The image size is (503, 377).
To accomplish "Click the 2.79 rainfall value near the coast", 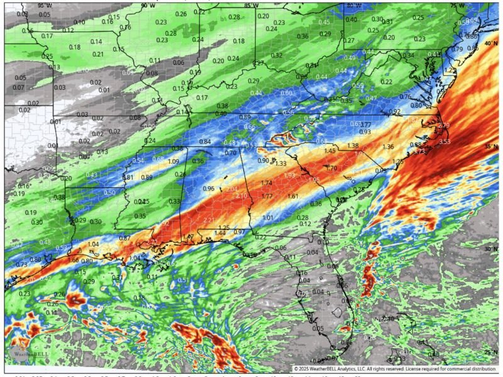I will [x=443, y=126].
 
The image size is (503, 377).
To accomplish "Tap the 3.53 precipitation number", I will [x=445, y=142].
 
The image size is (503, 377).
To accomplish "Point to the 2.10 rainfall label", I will [x=241, y=196].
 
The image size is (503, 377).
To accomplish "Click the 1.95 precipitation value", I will [x=314, y=180].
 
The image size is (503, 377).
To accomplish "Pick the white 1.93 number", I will [x=289, y=175].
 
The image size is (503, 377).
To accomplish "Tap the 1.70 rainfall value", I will [x=331, y=168].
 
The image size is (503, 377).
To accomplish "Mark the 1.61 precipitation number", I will [x=292, y=197].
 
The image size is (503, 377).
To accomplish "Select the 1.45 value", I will [x=329, y=151].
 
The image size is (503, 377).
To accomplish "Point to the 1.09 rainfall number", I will [x=174, y=161].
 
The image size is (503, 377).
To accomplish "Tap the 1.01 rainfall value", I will [x=268, y=217].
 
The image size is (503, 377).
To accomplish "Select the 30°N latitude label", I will [x=491, y=249].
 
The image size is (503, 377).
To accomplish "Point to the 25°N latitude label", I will [x=491, y=352].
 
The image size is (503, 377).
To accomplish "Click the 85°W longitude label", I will [x=250, y=5].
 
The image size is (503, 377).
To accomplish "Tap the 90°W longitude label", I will [x=148, y=5].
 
